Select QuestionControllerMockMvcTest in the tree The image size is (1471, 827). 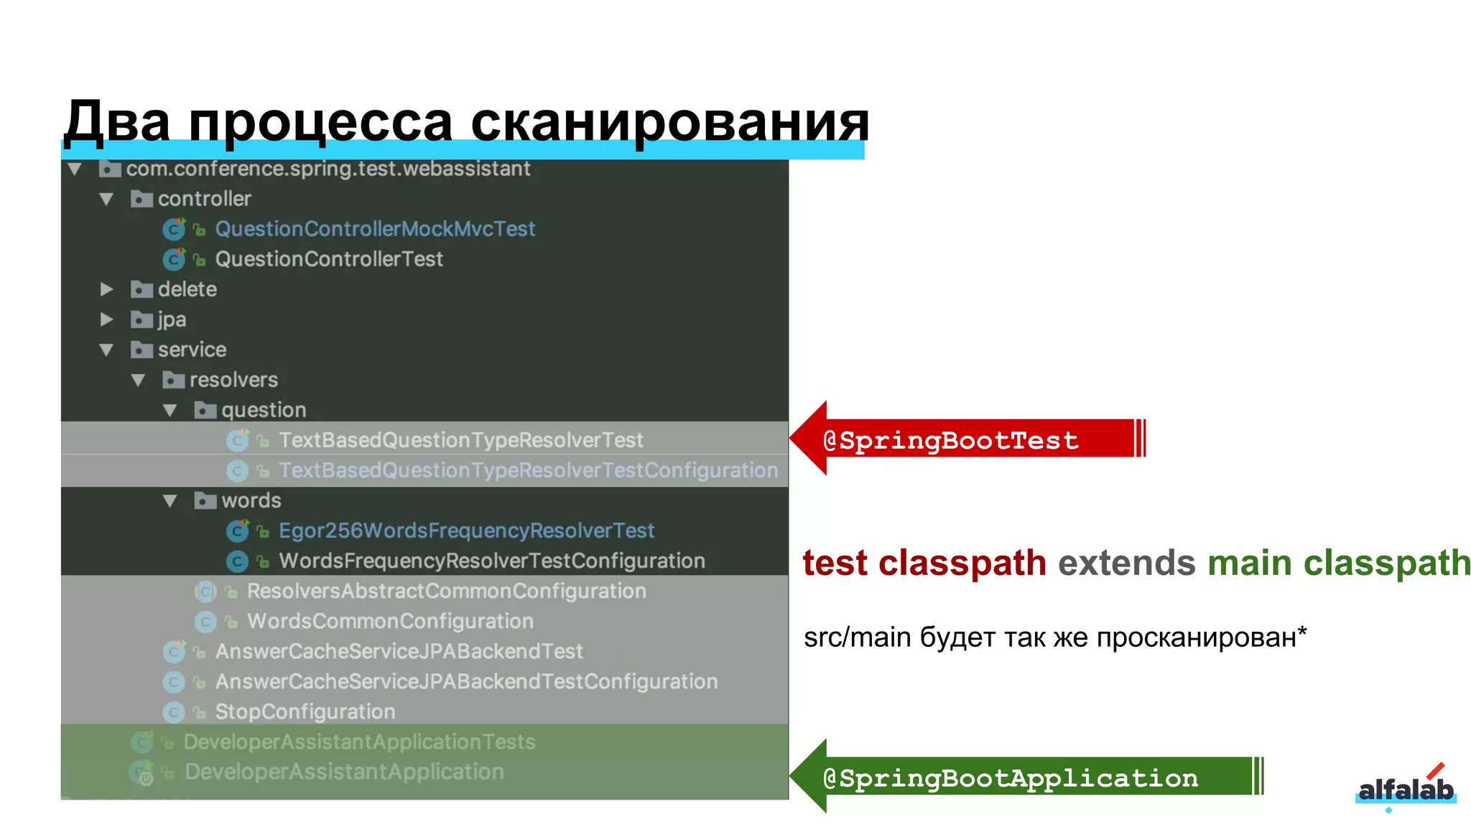point(375,229)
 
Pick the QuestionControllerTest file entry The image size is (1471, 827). point(329,259)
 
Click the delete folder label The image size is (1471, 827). point(187,289)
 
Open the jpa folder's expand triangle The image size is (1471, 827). point(106,319)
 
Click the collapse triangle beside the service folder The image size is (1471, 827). point(106,350)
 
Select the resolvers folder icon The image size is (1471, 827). point(173,380)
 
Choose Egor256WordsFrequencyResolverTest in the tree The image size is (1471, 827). point(466,531)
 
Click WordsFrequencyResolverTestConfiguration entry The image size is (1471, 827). point(491,561)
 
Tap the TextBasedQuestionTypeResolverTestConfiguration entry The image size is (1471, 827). point(528,470)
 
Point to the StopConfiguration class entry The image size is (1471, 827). point(305,711)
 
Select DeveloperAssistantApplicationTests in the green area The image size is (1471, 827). point(359,742)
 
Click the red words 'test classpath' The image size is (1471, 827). point(924,563)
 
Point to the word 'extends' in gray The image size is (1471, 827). point(1126,563)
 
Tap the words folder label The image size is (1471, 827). point(251,500)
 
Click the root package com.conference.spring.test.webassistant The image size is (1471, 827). point(328,169)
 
